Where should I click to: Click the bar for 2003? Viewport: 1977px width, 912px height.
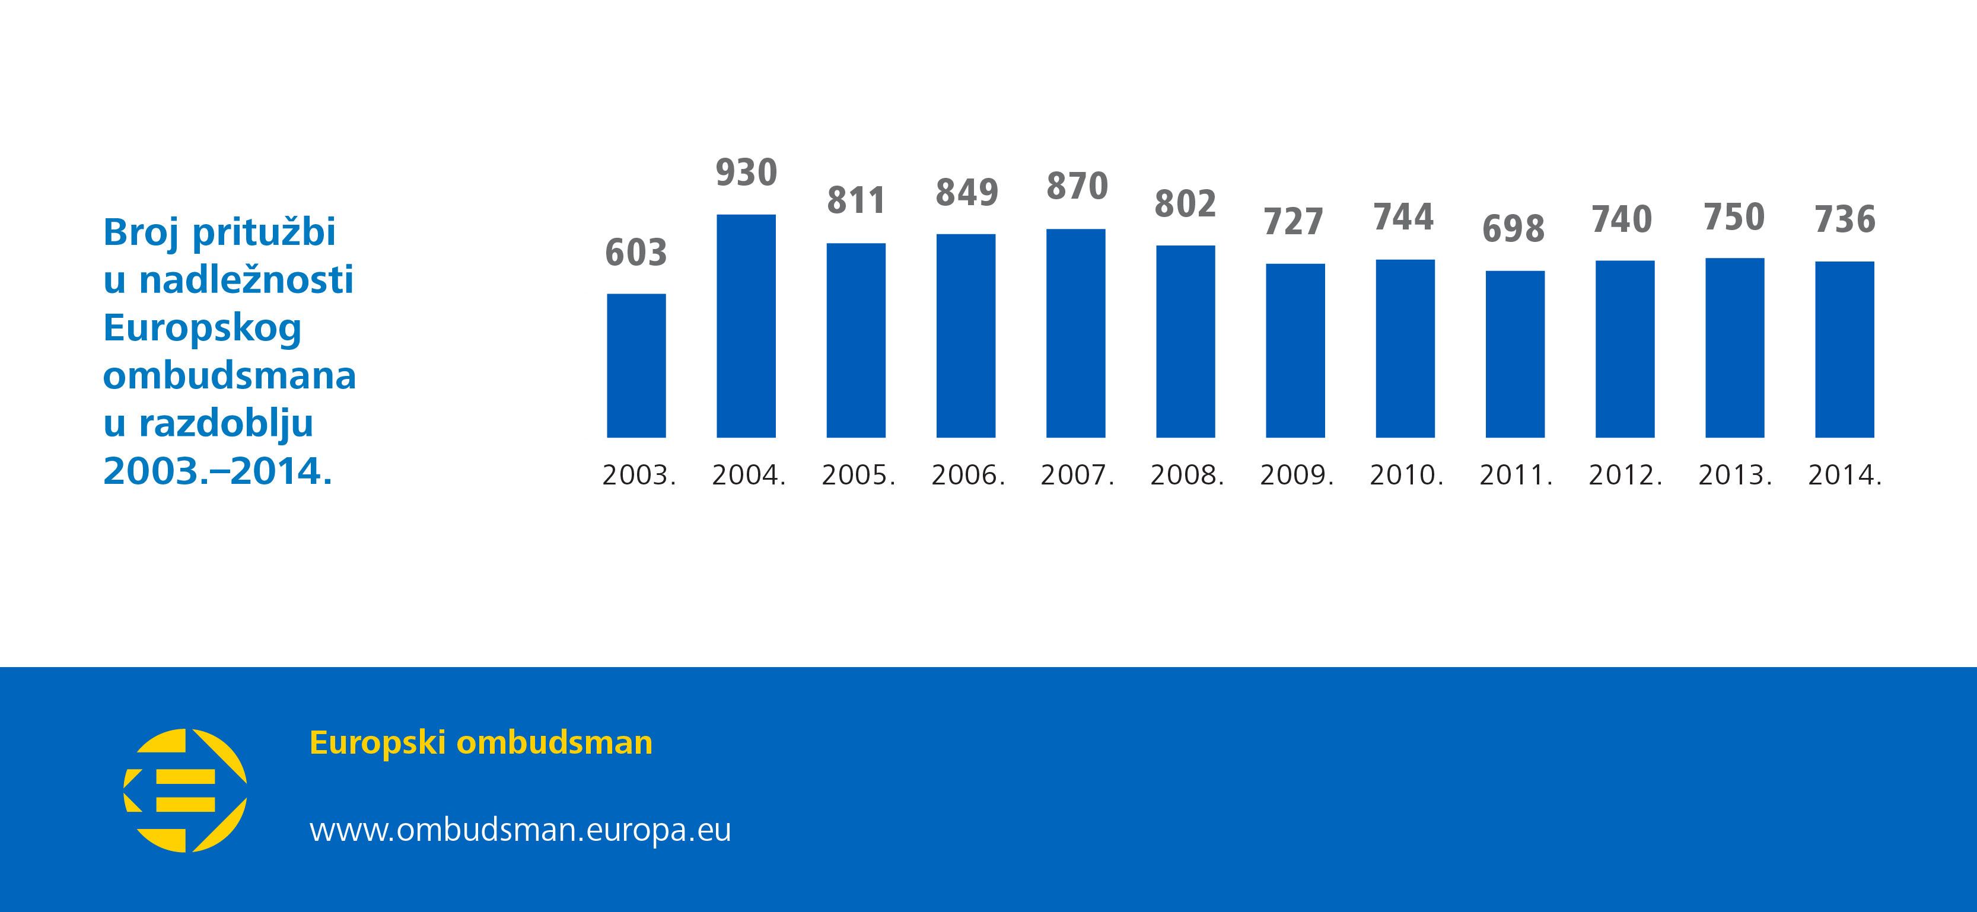tap(636, 366)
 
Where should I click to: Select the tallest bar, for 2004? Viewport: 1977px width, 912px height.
tap(746, 326)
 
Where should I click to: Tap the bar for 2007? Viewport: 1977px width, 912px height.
tap(1075, 334)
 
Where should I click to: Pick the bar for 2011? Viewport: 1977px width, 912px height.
tap(1515, 355)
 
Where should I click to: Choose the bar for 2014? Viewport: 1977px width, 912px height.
tap(1844, 350)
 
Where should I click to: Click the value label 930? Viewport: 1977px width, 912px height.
tap(746, 173)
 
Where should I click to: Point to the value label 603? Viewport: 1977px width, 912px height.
tap(636, 253)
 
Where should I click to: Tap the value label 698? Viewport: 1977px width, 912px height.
tap(1514, 228)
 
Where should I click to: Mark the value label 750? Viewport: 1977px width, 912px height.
tap(1734, 217)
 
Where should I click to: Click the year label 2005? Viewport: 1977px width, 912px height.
tap(858, 476)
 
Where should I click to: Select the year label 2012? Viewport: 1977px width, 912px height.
tap(1625, 476)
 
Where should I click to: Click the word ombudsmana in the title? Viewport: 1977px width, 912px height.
tap(230, 376)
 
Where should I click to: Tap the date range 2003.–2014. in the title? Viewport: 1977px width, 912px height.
tap(218, 471)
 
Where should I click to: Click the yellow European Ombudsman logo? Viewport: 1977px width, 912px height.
tap(185, 790)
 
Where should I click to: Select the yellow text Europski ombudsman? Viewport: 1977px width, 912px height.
tap(480, 742)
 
